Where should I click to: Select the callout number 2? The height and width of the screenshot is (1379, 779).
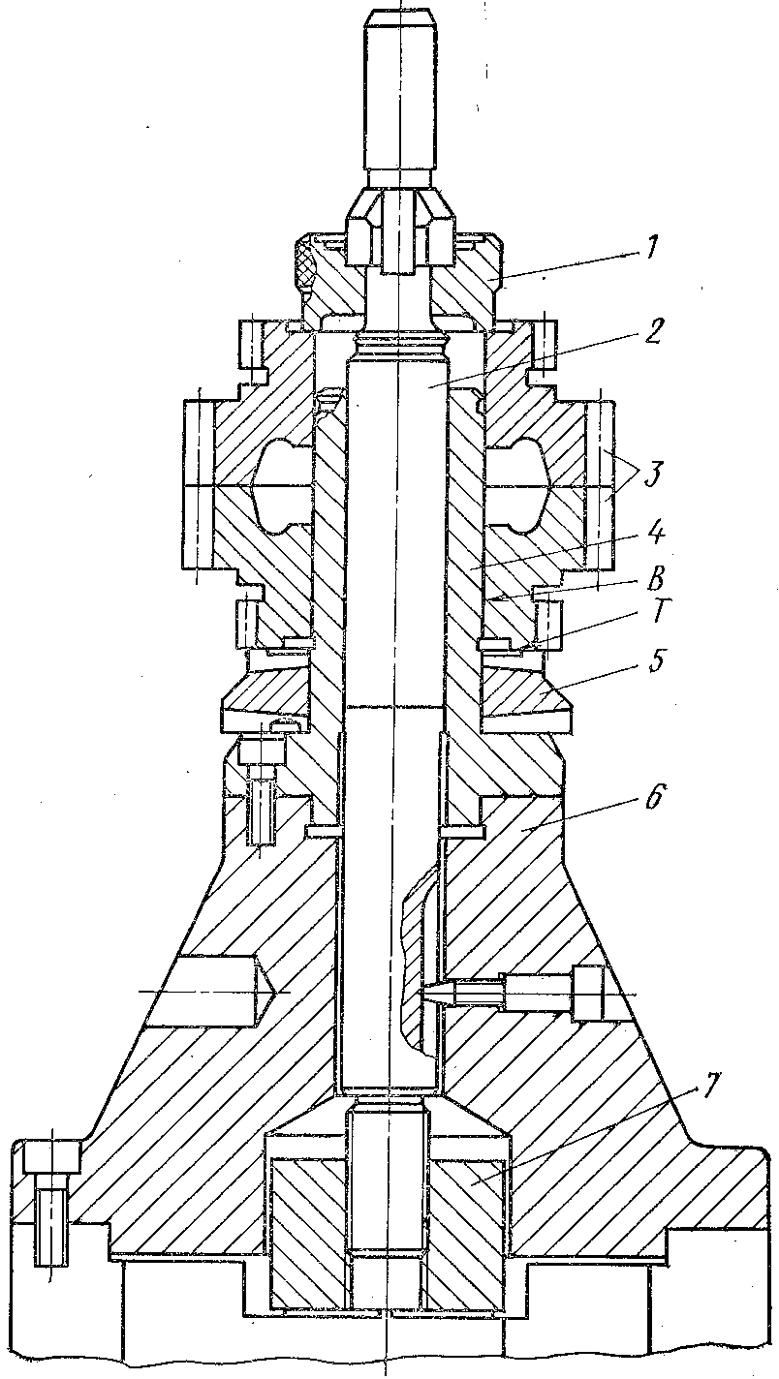pos(653,332)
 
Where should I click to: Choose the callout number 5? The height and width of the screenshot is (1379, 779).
pos(658,661)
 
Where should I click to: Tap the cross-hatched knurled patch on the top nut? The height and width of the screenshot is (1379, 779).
pos(306,264)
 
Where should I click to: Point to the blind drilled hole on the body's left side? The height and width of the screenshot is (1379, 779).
pos(208,992)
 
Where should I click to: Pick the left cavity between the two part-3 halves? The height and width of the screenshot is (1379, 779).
pos(278,486)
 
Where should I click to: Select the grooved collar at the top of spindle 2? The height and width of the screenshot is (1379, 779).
pos(400,348)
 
